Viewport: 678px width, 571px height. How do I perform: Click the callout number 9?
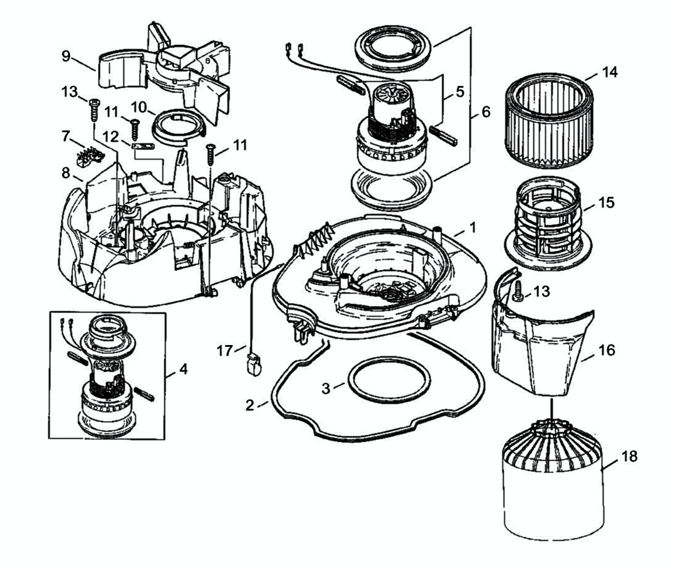66,56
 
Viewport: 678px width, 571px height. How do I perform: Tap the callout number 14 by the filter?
609,72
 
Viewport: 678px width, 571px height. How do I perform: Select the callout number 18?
629,456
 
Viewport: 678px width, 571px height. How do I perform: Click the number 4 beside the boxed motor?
183,369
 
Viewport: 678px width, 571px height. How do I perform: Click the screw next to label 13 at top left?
94,110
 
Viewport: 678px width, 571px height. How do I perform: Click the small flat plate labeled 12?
143,146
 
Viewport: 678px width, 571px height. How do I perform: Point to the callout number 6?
486,112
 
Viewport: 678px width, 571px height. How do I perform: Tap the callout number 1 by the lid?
473,227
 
